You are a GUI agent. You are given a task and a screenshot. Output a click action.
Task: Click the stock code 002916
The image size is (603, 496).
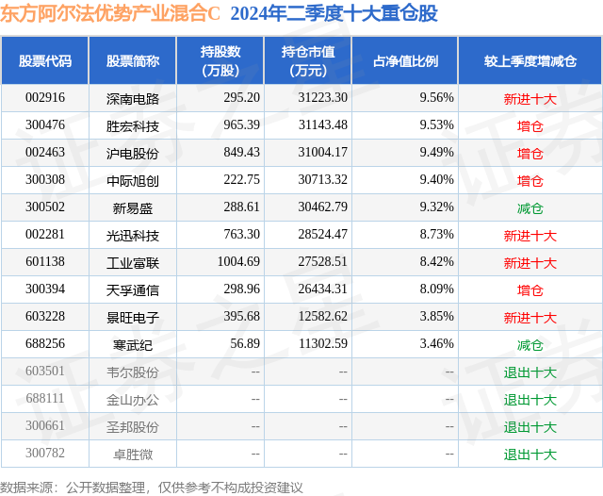pyautogui.click(x=45, y=97)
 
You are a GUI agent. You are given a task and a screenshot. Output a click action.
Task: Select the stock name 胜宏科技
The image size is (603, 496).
pyautogui.click(x=133, y=125)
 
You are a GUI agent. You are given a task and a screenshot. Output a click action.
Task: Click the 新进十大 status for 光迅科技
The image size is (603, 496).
pyautogui.click(x=530, y=236)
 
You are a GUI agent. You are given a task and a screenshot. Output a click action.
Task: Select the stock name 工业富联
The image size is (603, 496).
pyautogui.click(x=133, y=263)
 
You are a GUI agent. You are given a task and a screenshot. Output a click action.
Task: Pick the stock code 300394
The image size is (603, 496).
pyautogui.click(x=45, y=290)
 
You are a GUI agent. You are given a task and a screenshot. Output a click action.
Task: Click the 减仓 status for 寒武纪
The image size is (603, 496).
pyautogui.click(x=530, y=345)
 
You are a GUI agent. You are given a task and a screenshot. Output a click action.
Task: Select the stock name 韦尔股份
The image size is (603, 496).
pyautogui.click(x=133, y=372)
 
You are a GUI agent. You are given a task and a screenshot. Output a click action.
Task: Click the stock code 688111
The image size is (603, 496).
pyautogui.click(x=45, y=400)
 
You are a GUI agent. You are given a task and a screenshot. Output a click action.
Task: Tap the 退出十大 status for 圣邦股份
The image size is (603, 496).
pyautogui.click(x=530, y=427)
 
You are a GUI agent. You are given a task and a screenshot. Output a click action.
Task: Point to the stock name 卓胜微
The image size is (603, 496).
pyautogui.click(x=133, y=455)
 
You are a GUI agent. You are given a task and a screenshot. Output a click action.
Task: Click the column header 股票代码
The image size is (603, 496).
pyautogui.click(x=45, y=60)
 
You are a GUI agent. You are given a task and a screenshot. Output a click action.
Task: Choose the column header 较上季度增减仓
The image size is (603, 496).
pyautogui.click(x=530, y=60)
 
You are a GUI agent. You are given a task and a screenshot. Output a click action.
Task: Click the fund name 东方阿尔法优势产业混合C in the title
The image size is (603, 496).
pyautogui.click(x=110, y=13)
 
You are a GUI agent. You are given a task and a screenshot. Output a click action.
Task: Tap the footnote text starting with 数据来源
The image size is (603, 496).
pyautogui.click(x=152, y=487)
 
